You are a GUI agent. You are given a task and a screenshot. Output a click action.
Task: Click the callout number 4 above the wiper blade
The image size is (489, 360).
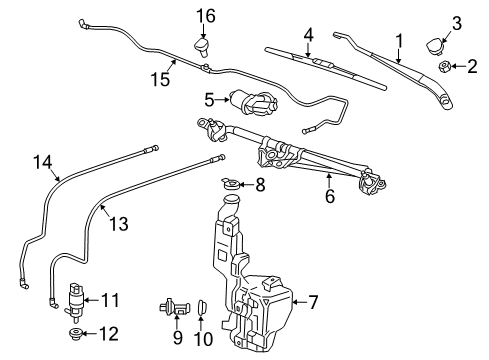pyautogui.click(x=308, y=36)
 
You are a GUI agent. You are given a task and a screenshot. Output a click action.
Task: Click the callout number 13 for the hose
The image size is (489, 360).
pyautogui.click(x=118, y=225)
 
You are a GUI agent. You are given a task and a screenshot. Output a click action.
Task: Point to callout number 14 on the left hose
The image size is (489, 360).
pyautogui.click(x=41, y=162)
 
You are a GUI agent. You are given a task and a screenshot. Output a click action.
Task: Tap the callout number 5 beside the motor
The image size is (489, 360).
pyautogui.click(x=209, y=100)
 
